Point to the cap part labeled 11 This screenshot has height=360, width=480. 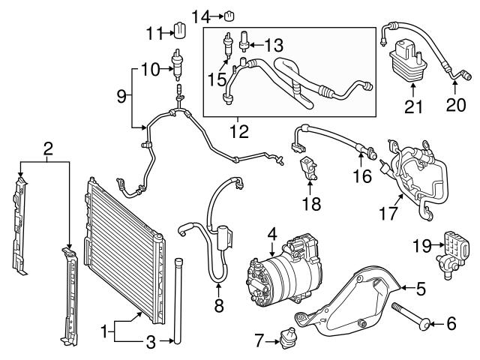click(180, 31)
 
